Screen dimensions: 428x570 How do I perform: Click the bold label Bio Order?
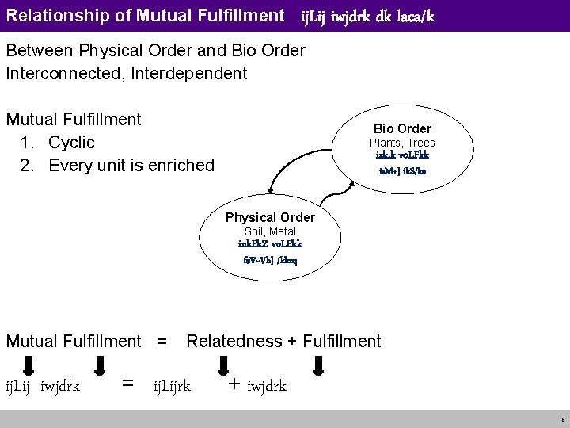(x=402, y=128)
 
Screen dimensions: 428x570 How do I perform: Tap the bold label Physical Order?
(x=270, y=217)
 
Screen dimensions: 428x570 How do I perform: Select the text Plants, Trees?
(x=402, y=143)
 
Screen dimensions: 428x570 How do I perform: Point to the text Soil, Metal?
(x=270, y=231)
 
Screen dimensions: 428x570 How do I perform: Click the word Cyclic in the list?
(x=71, y=143)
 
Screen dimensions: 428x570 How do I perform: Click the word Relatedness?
(x=234, y=341)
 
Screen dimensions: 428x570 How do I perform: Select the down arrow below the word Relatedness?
(x=221, y=365)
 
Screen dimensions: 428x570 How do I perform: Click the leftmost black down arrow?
(x=27, y=365)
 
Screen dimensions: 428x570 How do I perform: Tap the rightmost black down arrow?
(x=318, y=365)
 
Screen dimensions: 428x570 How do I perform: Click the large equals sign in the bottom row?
(x=127, y=384)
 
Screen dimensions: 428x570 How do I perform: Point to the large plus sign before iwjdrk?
(x=234, y=384)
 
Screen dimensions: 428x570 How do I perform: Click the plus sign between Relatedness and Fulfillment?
(x=292, y=341)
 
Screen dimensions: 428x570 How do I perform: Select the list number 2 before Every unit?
(x=29, y=165)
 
